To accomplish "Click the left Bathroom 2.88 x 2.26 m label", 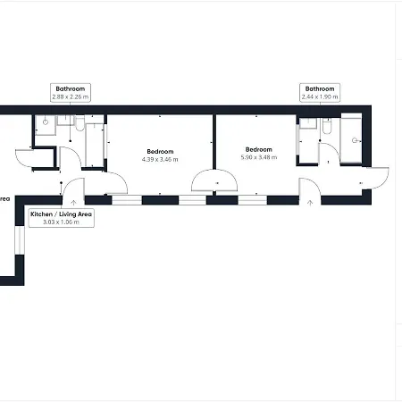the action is [x=71, y=93].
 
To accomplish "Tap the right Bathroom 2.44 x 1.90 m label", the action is [x=320, y=93].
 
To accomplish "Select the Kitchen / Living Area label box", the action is [x=62, y=218].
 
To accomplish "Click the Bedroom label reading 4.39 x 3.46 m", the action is [x=160, y=155].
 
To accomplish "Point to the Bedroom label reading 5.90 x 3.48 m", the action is [x=259, y=154].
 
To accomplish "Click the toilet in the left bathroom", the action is [x=80, y=124].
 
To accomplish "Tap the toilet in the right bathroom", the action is [x=327, y=127].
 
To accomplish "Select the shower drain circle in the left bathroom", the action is [x=46, y=122].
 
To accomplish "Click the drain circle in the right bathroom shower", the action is [x=355, y=140].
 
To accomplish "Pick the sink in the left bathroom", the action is [x=65, y=121].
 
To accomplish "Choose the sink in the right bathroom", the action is [x=308, y=123].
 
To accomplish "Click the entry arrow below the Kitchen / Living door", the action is [x=73, y=203].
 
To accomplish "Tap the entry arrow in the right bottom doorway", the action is [x=310, y=203].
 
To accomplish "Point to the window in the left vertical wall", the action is [x=20, y=240].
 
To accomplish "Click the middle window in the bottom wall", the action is [x=192, y=200].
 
